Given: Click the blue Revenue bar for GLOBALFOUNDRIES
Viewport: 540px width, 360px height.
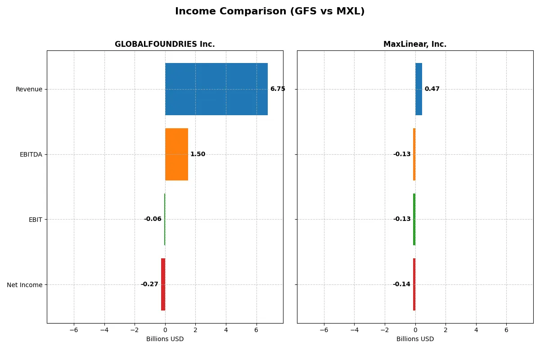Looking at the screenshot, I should click(x=216, y=89).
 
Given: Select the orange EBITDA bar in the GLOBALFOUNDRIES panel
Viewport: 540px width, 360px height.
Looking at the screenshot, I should click(x=176, y=154).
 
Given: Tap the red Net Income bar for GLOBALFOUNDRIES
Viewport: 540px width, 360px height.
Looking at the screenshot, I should click(x=163, y=284).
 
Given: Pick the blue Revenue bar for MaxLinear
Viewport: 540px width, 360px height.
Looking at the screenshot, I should click(x=418, y=89).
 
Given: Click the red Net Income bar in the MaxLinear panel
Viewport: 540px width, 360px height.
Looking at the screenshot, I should click(x=414, y=284).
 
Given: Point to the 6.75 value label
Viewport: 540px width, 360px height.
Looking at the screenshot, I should click(x=278, y=89).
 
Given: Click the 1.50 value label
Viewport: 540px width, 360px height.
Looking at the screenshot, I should click(x=198, y=154).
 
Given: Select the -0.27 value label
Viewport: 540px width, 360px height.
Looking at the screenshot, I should click(x=149, y=284).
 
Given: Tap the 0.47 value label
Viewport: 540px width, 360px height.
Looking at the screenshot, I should click(x=432, y=89).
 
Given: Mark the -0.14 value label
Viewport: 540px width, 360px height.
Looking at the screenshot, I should click(x=401, y=284).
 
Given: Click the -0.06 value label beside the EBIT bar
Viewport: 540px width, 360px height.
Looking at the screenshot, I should click(x=153, y=219).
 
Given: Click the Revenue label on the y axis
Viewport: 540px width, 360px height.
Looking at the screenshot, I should click(x=29, y=89).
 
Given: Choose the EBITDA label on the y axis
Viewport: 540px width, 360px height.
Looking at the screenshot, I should click(x=31, y=154).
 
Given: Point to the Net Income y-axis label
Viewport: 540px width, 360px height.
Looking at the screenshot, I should click(x=25, y=285).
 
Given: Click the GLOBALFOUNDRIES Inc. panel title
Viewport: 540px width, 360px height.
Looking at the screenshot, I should click(x=165, y=44).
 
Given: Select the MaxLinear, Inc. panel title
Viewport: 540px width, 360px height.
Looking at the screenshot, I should click(x=415, y=44).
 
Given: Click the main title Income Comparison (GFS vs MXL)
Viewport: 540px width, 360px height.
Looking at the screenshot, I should click(x=270, y=11).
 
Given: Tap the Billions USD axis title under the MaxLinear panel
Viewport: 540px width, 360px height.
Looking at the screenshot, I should click(x=415, y=339).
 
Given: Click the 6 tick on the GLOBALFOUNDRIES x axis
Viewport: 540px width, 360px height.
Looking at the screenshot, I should click(x=256, y=329).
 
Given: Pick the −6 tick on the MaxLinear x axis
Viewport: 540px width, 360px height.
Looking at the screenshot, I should click(x=324, y=329).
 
